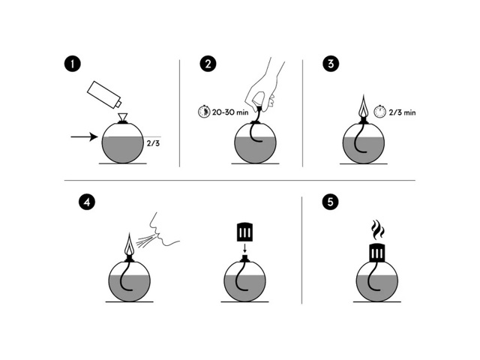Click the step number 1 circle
click(x=73, y=64)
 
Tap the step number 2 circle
click(x=208, y=64)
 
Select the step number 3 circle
click(x=331, y=64)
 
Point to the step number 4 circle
click(x=87, y=202)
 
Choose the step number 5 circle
click(x=330, y=202)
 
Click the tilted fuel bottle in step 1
click(x=104, y=94)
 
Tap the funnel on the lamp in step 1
click(x=123, y=117)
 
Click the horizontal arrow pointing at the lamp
click(x=84, y=136)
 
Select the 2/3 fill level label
click(x=153, y=143)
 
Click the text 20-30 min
click(x=230, y=112)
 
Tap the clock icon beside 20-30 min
click(x=204, y=112)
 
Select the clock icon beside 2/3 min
click(x=380, y=112)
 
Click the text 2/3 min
click(x=402, y=112)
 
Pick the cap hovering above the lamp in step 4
click(x=245, y=232)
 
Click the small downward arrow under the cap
click(x=244, y=247)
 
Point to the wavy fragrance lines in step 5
click(x=377, y=229)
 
